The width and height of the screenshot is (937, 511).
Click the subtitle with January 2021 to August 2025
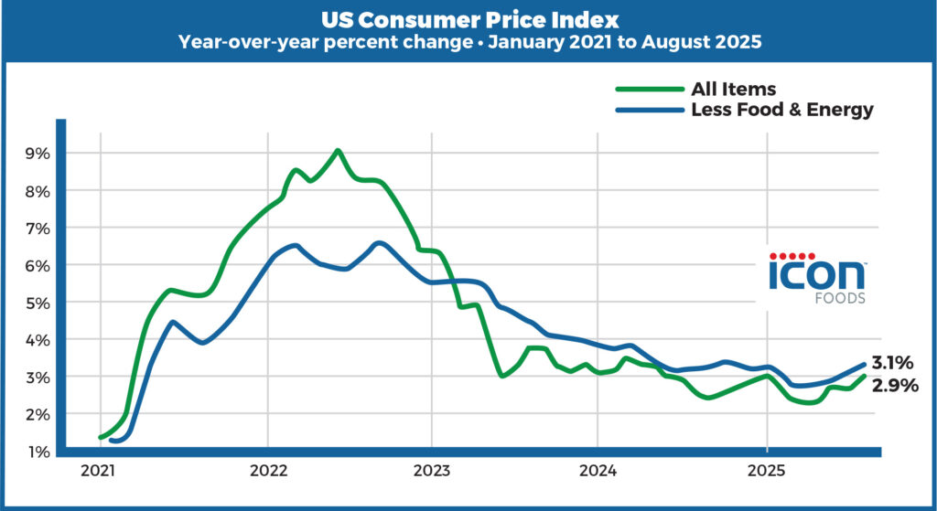click(x=468, y=41)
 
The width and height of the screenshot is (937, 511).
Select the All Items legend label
click(x=734, y=89)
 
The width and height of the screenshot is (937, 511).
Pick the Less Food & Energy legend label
click(x=782, y=110)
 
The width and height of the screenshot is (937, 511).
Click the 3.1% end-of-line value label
click(x=892, y=362)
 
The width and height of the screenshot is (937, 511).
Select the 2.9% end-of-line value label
click(x=894, y=385)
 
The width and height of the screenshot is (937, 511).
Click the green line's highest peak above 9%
click(x=338, y=150)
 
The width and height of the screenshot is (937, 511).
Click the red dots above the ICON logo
click(x=792, y=255)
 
